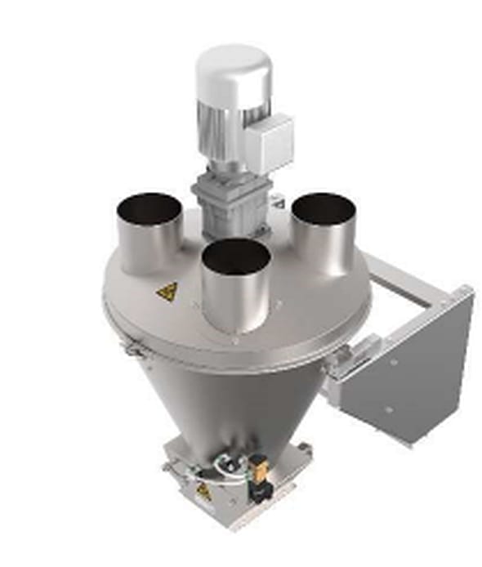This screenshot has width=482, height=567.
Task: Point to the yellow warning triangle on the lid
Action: [x=168, y=291]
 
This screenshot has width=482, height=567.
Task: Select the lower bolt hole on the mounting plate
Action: [x=390, y=409]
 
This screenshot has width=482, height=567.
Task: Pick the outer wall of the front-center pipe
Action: [x=236, y=302]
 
